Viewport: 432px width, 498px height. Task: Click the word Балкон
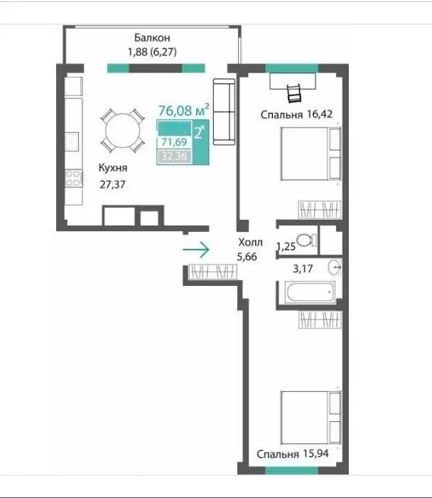pos(152,38)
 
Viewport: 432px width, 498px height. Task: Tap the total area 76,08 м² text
pos(183,110)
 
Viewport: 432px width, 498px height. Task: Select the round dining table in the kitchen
pos(123,130)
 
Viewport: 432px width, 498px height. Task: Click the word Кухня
pos(112,168)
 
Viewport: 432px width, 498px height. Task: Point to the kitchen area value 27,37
pos(112,184)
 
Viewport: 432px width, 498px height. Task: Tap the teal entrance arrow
pos(196,250)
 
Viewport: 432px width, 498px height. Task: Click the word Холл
pos(250,243)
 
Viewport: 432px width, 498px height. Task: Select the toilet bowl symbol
pos(306,240)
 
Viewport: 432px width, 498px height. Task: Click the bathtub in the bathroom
pos(310,292)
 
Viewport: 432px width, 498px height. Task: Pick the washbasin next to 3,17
pos(335,267)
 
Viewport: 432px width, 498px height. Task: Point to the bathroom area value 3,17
pos(303,269)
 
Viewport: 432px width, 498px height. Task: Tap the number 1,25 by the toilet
pos(286,246)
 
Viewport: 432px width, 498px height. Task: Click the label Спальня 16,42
pos(296,115)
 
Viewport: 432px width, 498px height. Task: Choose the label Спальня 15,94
pos(293,454)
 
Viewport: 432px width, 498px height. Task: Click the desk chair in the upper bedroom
pos(293,93)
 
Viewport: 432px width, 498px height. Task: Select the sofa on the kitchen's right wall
pos(225,112)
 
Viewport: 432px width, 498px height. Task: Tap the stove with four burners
pos(74,178)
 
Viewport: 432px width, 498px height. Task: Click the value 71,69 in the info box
pos(174,142)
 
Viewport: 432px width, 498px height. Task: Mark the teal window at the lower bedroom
pos(291,470)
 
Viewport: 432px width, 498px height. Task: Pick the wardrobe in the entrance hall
pos(213,272)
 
